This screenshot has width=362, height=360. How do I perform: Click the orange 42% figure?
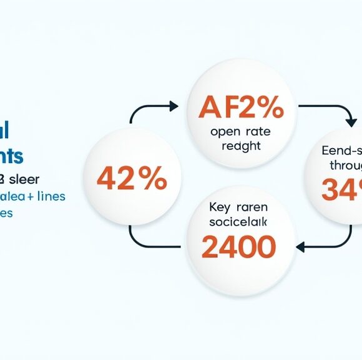[x=131, y=180]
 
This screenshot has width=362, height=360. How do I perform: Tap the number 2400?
[x=238, y=247]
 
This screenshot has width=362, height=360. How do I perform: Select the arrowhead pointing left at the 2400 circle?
[x=300, y=247]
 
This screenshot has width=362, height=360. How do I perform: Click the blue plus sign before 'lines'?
[x=29, y=197]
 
